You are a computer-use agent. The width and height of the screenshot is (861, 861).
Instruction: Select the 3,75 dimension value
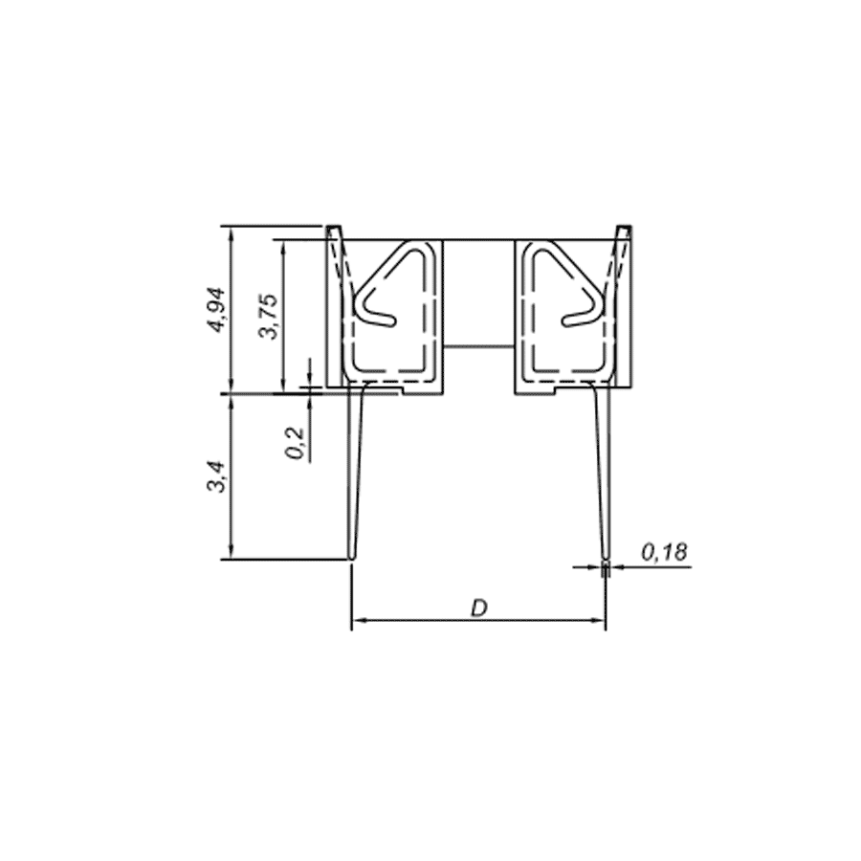pos(269,317)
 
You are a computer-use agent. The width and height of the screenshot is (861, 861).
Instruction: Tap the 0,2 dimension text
pos(296,443)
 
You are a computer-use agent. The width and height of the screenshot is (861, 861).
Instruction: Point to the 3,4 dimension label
pos(216,476)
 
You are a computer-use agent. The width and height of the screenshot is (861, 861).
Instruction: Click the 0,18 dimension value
pos(664,552)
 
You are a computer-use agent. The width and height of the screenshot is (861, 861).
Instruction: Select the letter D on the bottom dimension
pos(479,607)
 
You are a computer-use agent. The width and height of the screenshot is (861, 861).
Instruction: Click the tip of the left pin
pos(351,559)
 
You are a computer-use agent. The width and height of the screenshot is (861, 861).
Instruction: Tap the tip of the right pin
pos(606,559)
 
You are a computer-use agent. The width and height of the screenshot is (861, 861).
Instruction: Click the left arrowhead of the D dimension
pos(359,621)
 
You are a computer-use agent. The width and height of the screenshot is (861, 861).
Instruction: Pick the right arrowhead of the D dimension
pos(598,621)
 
